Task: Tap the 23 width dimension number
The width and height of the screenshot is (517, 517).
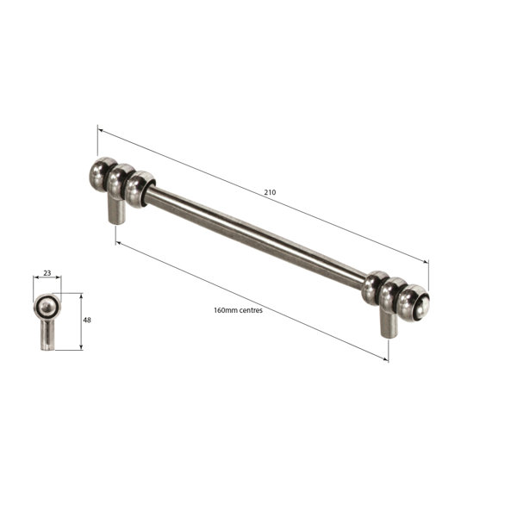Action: pyautogui.click(x=47, y=273)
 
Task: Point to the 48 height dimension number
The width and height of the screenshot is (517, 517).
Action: pyautogui.click(x=87, y=320)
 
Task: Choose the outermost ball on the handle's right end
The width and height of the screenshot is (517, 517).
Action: pyautogui.click(x=414, y=302)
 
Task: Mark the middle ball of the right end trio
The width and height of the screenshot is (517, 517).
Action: pyautogui.click(x=394, y=295)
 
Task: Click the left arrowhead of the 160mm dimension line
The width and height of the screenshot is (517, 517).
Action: pyautogui.click(x=118, y=243)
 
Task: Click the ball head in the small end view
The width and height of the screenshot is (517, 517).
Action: pyautogui.click(x=47, y=307)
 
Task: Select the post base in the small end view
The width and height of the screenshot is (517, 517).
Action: pyautogui.click(x=47, y=339)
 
